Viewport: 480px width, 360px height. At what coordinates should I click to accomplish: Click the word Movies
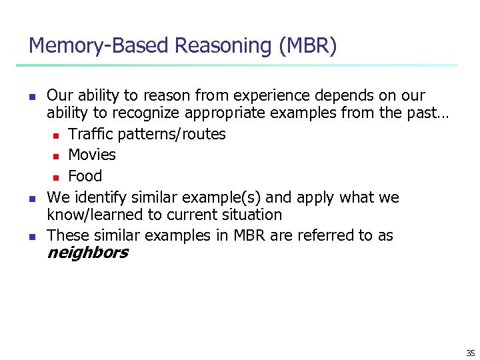pos(92,155)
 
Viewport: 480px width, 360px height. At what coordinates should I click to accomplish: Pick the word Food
pos(85,176)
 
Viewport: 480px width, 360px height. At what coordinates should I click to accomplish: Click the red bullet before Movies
pos(57,156)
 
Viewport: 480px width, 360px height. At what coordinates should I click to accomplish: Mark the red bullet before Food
pos(57,177)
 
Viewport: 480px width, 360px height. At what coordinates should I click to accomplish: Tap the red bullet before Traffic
pos(57,135)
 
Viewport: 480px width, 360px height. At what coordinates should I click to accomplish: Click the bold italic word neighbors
pos(87,253)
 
